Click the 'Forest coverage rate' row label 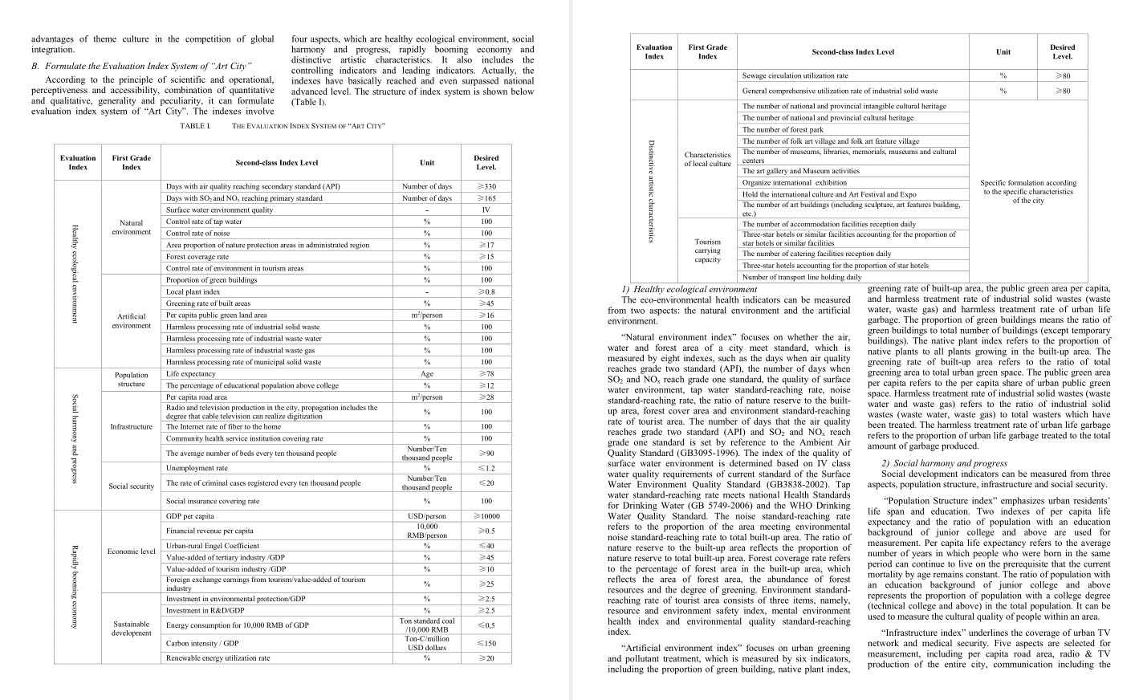pyautogui.click(x=197, y=257)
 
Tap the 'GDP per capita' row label pyautogui.click(x=190, y=516)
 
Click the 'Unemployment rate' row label pyautogui.click(x=197, y=468)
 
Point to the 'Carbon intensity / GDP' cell pyautogui.click(x=202, y=643)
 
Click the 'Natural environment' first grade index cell pyautogui.click(x=131, y=227)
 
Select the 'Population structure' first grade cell pyautogui.click(x=131, y=379)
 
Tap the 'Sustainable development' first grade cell pyautogui.click(x=131, y=628)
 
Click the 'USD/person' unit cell pyautogui.click(x=426, y=516)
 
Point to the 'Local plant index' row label pyautogui.click(x=193, y=292)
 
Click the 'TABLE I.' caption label pyautogui.click(x=195, y=126)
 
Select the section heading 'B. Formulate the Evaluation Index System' pyautogui.click(x=141, y=66)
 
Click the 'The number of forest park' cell pyautogui.click(x=783, y=129)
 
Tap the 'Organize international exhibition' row pyautogui.click(x=795, y=182)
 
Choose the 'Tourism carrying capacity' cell pyautogui.click(x=707, y=250)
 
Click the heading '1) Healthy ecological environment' pyautogui.click(x=689, y=289)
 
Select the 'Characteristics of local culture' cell pyautogui.click(x=707, y=159)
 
